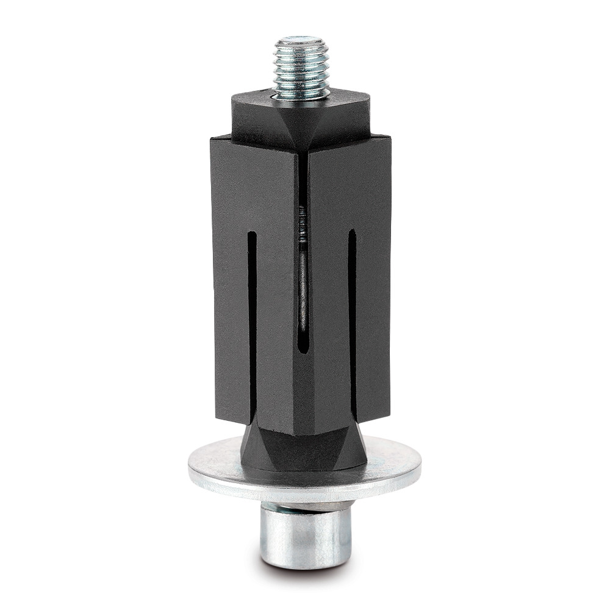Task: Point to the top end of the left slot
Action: [251, 235]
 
